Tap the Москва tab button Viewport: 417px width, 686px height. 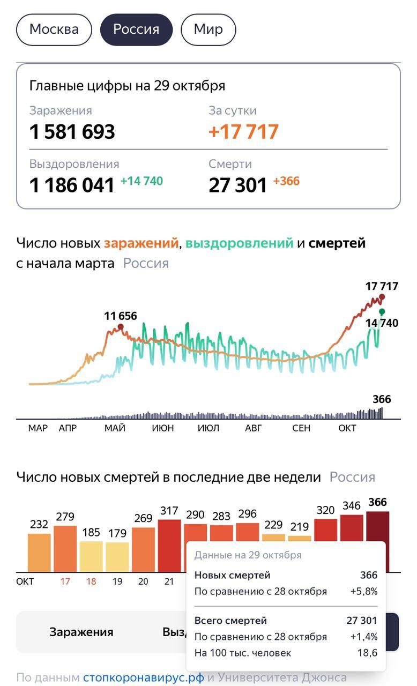tap(54, 29)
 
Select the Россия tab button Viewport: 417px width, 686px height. tap(136, 29)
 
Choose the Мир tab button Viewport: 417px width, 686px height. tap(208, 29)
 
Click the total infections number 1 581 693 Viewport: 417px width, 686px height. tap(72, 132)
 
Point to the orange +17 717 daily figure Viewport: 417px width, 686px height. tap(244, 132)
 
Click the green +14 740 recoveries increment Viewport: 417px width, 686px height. tap(142, 181)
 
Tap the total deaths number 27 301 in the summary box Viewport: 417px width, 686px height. tap(238, 185)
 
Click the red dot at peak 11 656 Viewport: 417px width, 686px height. tap(121, 326)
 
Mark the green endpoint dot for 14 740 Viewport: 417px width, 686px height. tap(382, 311)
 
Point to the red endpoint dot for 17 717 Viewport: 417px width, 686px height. tap(382, 297)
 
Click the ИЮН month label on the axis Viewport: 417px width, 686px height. tap(162, 428)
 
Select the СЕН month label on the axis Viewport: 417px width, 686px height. tap(301, 428)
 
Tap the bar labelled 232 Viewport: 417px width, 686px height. tap(39, 552)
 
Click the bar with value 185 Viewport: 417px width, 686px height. tap(91, 556)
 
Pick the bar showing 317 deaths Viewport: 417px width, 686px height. tap(169, 545)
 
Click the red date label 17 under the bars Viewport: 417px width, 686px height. tap(65, 581)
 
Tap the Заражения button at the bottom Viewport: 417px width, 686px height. tap(81, 632)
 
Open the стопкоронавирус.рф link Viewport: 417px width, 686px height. tap(143, 677)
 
